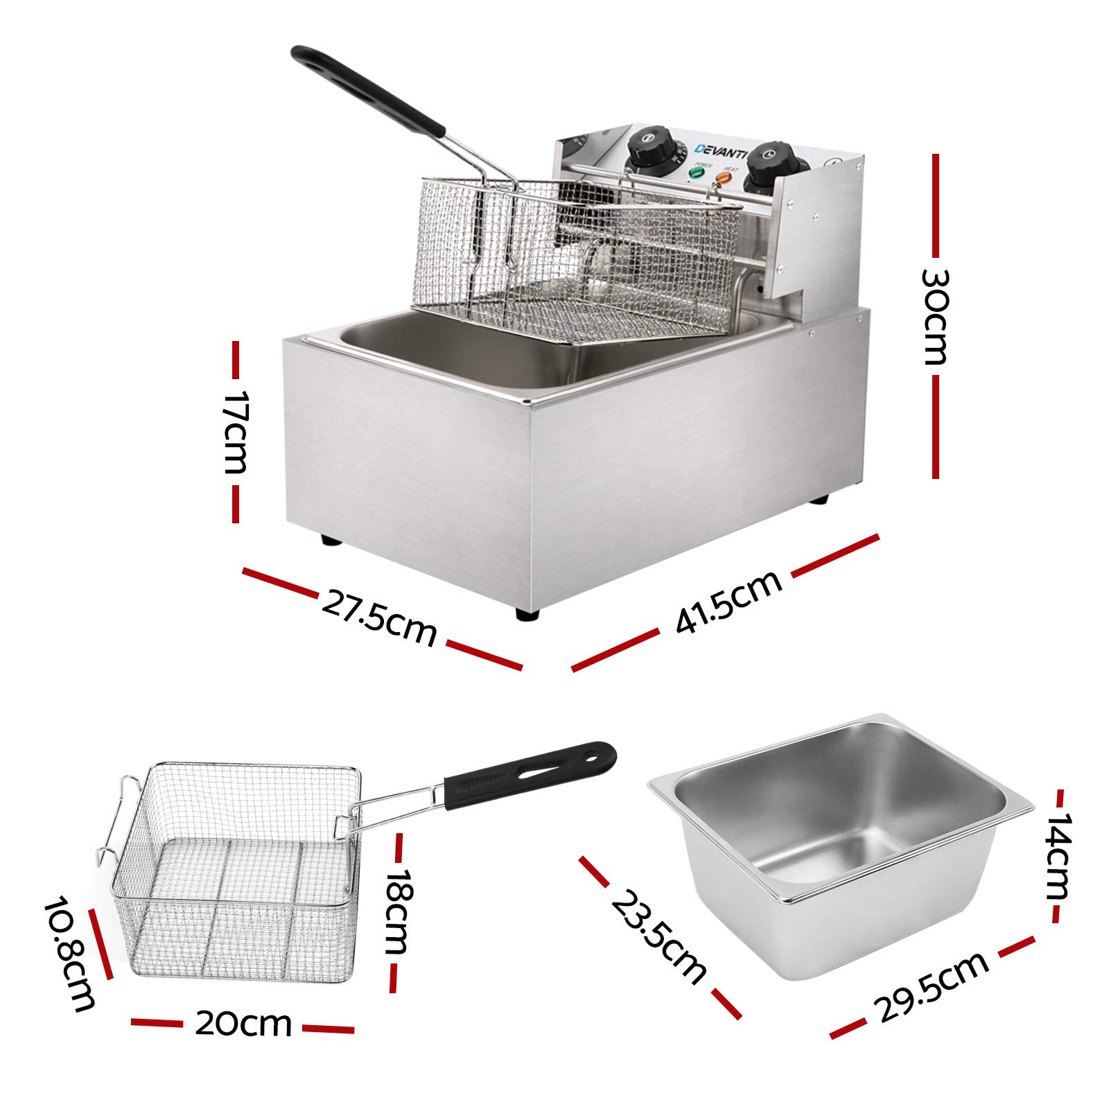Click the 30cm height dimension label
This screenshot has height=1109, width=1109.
[935, 317]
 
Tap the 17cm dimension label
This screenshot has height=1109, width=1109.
[235, 432]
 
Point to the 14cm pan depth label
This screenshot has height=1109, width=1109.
[1058, 856]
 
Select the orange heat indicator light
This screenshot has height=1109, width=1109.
[724, 177]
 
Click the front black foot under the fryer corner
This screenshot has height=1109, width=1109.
[527, 614]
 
